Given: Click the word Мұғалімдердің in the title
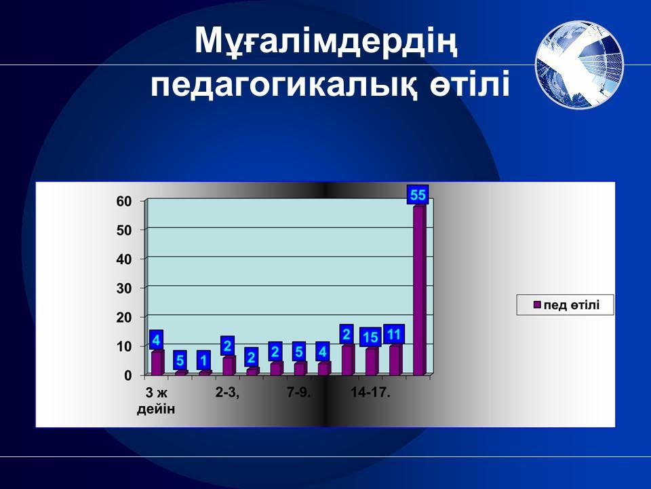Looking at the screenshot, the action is pyautogui.click(x=326, y=41).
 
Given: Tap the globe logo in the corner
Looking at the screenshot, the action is pyautogui.click(x=579, y=65).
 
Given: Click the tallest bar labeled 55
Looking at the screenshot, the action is pyautogui.click(x=419, y=289).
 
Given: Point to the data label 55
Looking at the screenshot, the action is pyautogui.click(x=418, y=195).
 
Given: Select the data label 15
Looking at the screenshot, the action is pyautogui.click(x=370, y=338).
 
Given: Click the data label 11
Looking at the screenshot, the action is pyautogui.click(x=393, y=334).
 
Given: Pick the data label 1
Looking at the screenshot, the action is pyautogui.click(x=203, y=360).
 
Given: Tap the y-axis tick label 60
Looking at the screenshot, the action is pyautogui.click(x=123, y=201).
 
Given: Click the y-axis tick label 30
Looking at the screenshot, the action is pyautogui.click(x=123, y=288).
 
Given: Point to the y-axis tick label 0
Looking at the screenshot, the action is pyautogui.click(x=128, y=376).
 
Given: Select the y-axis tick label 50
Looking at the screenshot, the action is pyautogui.click(x=123, y=230).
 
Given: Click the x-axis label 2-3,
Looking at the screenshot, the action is pyautogui.click(x=228, y=393).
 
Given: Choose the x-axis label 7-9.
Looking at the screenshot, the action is pyautogui.click(x=299, y=393).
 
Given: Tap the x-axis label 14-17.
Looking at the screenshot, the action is pyautogui.click(x=370, y=393).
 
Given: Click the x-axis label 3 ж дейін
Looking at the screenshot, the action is pyautogui.click(x=156, y=401).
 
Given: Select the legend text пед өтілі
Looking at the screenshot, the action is pyautogui.click(x=571, y=305).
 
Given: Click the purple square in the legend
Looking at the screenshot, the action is pyautogui.click(x=537, y=305).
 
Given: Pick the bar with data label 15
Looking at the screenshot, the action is pyautogui.click(x=372, y=361).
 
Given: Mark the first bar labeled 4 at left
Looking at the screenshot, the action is pyautogui.click(x=157, y=363).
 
